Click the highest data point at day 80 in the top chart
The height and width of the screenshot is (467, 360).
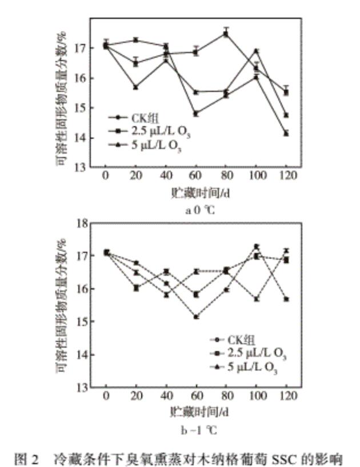coord(226,34)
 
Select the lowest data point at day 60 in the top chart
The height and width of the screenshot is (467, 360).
coord(196,114)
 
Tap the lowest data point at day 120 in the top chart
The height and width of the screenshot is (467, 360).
coord(286,134)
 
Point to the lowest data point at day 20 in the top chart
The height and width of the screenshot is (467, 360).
coord(135,87)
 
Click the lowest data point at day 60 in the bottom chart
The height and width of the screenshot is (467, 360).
coord(196,317)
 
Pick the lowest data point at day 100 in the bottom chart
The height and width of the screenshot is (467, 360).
coord(256,299)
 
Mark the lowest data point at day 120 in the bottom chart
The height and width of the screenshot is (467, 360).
coord(286,299)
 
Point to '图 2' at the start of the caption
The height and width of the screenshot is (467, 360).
coord(29,458)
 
